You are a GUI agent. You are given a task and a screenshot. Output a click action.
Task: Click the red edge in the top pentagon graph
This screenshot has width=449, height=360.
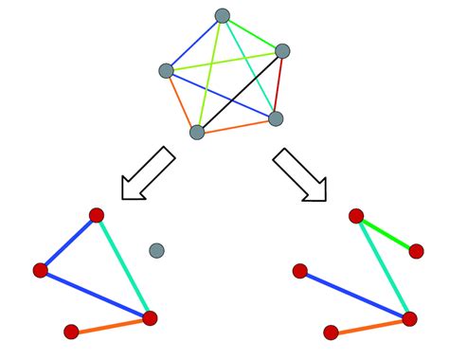coord(279,85)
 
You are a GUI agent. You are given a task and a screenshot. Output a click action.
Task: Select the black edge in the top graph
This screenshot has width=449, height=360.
coord(239,92)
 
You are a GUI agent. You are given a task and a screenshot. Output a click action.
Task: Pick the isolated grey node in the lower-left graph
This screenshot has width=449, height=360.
coord(156,250)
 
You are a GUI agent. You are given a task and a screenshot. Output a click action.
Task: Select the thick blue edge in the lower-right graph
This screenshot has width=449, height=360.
coord(354,295)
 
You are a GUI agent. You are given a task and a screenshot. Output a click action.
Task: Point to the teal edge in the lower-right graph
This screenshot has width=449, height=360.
coord(383,267)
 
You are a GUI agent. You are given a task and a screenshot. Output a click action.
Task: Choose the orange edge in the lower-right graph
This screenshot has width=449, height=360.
coord(369,325)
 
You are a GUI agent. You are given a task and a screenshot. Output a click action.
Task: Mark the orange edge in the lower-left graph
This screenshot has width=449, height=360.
coord(110,325)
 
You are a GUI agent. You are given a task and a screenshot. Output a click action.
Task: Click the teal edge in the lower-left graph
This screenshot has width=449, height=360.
coord(123,266)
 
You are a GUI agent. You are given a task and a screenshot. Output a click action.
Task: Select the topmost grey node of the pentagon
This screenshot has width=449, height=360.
coord(223,16)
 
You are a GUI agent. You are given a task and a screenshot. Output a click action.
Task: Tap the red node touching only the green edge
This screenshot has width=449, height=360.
coord(416,251)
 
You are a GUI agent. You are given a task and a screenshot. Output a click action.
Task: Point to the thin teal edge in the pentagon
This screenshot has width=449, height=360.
coord(248,66)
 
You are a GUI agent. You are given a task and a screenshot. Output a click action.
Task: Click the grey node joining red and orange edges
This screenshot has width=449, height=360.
coord(276,118)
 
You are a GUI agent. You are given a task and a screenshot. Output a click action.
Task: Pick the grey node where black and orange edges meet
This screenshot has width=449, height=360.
coord(197,132)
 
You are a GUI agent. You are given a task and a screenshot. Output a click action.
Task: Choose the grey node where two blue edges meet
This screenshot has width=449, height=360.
coord(167,70)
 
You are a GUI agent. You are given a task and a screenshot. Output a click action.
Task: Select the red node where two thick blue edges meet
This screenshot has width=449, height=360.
coord(41,271)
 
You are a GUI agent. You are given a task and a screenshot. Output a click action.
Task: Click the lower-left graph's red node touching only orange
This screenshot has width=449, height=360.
coord(71,332)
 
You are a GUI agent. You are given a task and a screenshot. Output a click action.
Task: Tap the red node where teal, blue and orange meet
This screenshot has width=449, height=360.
coord(150,318)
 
